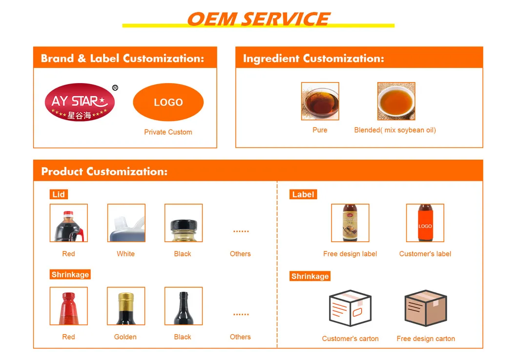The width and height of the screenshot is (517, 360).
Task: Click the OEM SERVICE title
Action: point(258,19)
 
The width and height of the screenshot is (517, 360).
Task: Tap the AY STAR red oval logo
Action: point(80,103)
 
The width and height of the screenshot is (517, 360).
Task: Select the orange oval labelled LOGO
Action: point(168,103)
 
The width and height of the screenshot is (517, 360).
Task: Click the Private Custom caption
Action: point(168,132)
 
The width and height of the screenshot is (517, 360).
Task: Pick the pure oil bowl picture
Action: point(320,101)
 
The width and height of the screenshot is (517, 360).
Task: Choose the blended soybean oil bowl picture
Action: point(396,101)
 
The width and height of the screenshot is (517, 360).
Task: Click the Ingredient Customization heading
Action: point(313,59)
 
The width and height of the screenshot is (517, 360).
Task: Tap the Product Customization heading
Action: point(104,171)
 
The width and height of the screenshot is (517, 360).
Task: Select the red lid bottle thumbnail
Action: point(69,223)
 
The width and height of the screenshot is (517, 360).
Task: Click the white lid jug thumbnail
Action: point(126,223)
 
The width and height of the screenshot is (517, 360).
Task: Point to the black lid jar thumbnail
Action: point(183,223)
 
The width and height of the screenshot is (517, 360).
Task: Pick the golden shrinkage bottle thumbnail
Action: point(126,306)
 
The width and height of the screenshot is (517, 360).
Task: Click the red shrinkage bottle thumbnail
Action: point(69,306)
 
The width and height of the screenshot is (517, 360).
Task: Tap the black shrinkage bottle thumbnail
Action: point(183,306)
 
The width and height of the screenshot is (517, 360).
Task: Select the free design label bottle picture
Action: point(350,223)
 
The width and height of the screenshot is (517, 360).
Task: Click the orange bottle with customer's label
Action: point(425,223)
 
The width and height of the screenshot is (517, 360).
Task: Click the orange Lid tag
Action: point(59,194)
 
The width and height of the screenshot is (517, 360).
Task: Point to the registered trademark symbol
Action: point(115,88)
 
